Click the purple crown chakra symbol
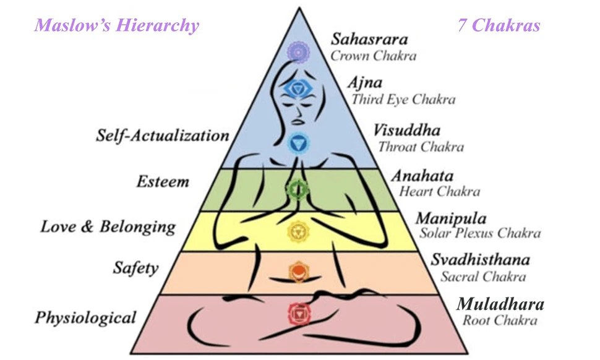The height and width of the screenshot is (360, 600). (298, 53)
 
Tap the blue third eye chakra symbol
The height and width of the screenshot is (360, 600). (298, 90)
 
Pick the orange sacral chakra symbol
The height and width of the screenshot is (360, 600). (298, 270)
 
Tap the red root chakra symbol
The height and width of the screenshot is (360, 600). (298, 314)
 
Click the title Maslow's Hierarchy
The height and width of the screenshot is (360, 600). (117, 25)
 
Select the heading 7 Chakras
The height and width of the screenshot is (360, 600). (499, 25)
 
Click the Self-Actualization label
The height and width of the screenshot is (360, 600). (163, 135)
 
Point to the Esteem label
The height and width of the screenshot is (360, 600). (163, 182)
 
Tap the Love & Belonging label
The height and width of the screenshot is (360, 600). (108, 226)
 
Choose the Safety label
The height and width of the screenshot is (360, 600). (135, 268)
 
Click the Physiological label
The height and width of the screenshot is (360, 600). (85, 318)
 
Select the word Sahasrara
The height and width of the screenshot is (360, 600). (369, 40)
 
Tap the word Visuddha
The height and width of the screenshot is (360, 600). (407, 131)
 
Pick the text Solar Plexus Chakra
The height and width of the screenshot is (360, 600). (480, 233)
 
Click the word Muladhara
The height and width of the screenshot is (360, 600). (500, 304)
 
